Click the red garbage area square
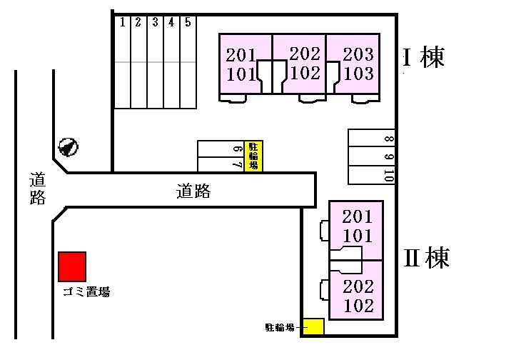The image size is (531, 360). click(72, 266)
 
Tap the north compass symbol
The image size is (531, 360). click(69, 147)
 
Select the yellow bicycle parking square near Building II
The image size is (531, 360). click(313, 327)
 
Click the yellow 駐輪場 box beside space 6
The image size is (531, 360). click(253, 156)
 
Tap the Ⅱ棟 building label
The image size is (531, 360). click(427, 257)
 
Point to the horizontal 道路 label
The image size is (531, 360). click(193, 191)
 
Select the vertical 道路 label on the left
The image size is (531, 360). click(37, 189)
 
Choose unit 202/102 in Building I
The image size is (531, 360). click(304, 64)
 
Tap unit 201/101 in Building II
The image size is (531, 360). click(357, 226)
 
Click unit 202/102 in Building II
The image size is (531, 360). click(358, 295)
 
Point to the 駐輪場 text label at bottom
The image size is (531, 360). click(280, 328)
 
